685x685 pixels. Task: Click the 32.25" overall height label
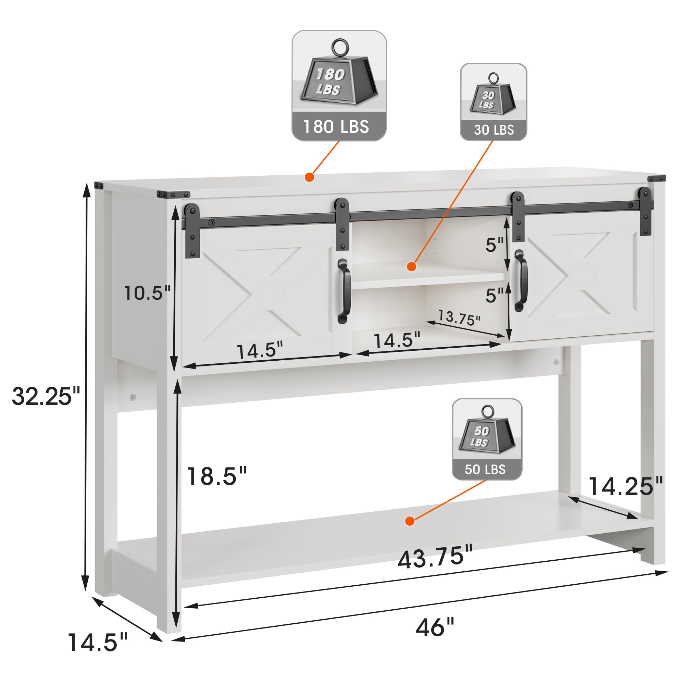click(x=46, y=396)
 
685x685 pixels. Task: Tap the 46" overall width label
click(x=435, y=627)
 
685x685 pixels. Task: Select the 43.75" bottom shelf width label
click(x=435, y=557)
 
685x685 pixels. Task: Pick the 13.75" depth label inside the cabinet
click(x=459, y=317)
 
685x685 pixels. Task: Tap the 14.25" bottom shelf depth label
click(x=625, y=486)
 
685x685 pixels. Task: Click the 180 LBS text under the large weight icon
click(x=336, y=127)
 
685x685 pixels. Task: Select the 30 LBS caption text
click(x=494, y=130)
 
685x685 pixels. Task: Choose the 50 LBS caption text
click(x=485, y=470)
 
